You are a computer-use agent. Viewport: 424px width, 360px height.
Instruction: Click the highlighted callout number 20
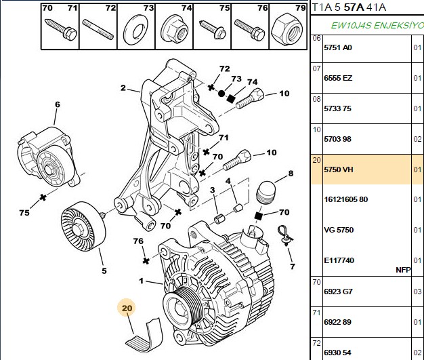click(x=127, y=308)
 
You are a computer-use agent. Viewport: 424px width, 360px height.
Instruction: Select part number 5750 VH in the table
click(x=339, y=169)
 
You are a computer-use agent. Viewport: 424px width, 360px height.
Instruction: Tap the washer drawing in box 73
click(x=135, y=30)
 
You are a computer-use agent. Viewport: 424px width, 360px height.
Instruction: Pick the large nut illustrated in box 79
click(x=288, y=29)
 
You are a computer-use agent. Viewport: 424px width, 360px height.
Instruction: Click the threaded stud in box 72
click(x=98, y=30)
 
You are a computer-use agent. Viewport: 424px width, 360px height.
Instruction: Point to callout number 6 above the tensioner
click(x=58, y=104)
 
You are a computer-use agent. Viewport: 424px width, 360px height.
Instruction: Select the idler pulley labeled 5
click(x=83, y=226)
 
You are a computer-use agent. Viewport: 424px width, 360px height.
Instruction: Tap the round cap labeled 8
click(x=266, y=192)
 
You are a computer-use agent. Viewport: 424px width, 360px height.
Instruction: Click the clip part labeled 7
click(x=284, y=235)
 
